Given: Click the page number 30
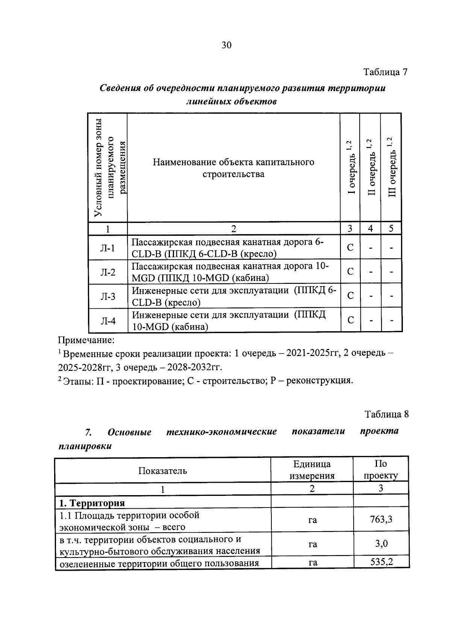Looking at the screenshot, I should [227, 45].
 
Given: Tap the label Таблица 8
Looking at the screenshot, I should [387, 414].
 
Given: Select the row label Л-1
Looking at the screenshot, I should [108, 248].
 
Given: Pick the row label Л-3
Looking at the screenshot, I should [108, 297].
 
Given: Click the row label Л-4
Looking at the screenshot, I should [108, 321].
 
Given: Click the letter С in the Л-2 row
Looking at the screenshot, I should [350, 271].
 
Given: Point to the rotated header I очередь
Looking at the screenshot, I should [350, 167].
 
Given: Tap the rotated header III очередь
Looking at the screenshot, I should [392, 167].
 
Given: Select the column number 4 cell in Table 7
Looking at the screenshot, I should [370, 229].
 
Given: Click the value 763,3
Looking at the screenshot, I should [381, 520].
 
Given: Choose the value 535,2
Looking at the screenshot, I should [381, 562].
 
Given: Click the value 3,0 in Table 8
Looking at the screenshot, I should [381, 544].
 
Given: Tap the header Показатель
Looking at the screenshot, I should [162, 470].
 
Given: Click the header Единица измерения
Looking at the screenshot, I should [312, 470].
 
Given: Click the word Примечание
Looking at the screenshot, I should [86, 341].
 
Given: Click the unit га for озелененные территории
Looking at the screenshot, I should [312, 563].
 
